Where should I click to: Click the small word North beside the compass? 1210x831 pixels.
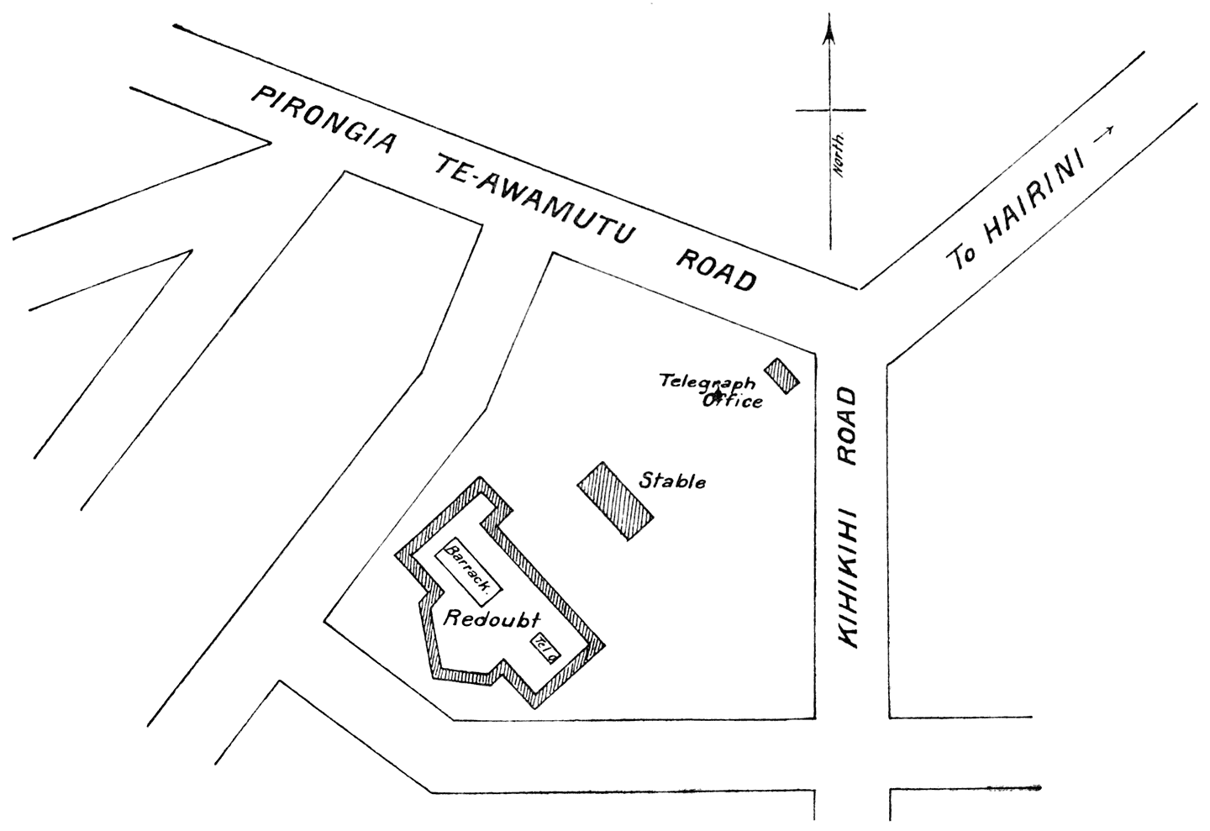click(x=838, y=156)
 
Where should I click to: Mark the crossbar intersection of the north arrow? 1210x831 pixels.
click(x=830, y=109)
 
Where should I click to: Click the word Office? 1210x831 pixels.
click(x=733, y=401)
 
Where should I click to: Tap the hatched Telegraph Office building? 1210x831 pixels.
click(x=782, y=375)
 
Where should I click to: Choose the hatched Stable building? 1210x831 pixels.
click(x=615, y=501)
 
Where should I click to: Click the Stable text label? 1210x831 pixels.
click(x=672, y=482)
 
